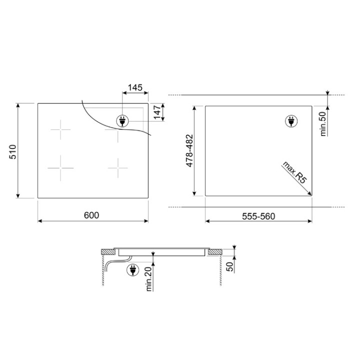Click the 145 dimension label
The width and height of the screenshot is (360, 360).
[x=135, y=87]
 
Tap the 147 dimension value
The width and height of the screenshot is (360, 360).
[x=157, y=112]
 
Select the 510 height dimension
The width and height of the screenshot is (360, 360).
[x=13, y=152]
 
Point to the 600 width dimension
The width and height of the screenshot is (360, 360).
[x=91, y=215]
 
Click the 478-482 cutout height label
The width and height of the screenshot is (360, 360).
[x=189, y=150]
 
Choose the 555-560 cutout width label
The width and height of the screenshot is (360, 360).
[x=258, y=216]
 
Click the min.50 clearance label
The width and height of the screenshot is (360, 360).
[x=323, y=124]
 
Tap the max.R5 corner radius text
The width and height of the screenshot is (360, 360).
[x=294, y=172]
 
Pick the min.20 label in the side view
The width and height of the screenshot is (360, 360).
[x=149, y=279]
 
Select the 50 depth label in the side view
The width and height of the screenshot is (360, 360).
[x=229, y=266]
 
